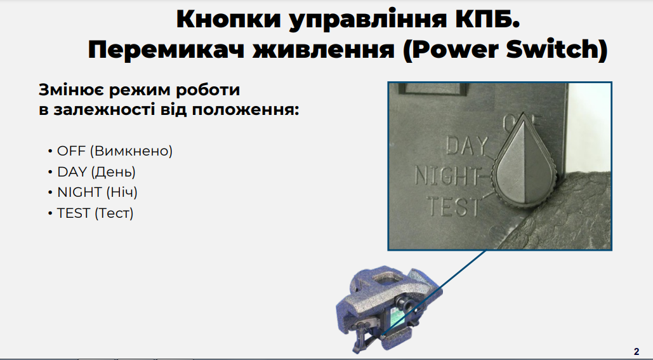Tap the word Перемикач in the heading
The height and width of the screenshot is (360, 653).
tap(166, 50)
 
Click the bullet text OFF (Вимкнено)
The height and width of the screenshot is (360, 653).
tap(114, 151)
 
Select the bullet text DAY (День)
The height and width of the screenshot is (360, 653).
tap(96, 171)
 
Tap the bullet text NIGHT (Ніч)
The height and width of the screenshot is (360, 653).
tap(97, 192)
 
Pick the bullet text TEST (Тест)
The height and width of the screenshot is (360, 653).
tap(95, 213)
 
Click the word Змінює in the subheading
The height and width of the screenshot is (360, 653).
tap(70, 90)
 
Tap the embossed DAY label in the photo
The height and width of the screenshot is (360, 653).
tap(467, 146)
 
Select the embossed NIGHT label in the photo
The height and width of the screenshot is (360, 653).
tap(447, 175)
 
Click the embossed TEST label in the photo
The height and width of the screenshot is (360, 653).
tap(454, 206)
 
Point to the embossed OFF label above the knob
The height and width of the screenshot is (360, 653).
tap(522, 122)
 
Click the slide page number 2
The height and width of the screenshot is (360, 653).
tap(637, 351)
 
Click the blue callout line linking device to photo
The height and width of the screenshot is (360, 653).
tap(434, 293)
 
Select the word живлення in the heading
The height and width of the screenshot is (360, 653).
tap(324, 50)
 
